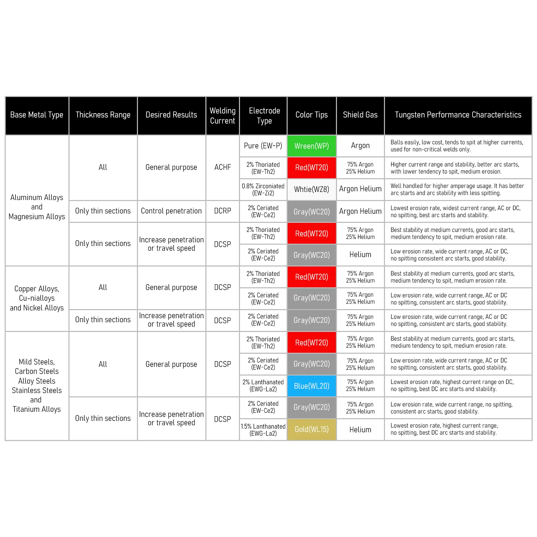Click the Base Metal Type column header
click(37, 115)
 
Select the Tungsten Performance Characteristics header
click(458, 115)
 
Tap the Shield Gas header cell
click(360, 115)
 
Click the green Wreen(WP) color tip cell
click(311, 146)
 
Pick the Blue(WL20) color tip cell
click(311, 386)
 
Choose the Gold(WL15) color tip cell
click(311, 429)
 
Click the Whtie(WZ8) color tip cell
click(311, 189)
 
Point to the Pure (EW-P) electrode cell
click(263, 146)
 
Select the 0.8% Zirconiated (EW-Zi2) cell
click(263, 189)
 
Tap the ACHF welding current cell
click(223, 167)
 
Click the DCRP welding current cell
click(223, 211)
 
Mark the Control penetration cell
click(171, 211)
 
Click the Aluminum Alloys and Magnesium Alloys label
click(37, 207)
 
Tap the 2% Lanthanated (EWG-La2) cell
click(263, 386)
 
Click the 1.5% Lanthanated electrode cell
click(263, 430)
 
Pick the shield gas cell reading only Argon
click(360, 146)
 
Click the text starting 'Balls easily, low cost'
click(456, 146)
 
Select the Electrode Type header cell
click(264, 115)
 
